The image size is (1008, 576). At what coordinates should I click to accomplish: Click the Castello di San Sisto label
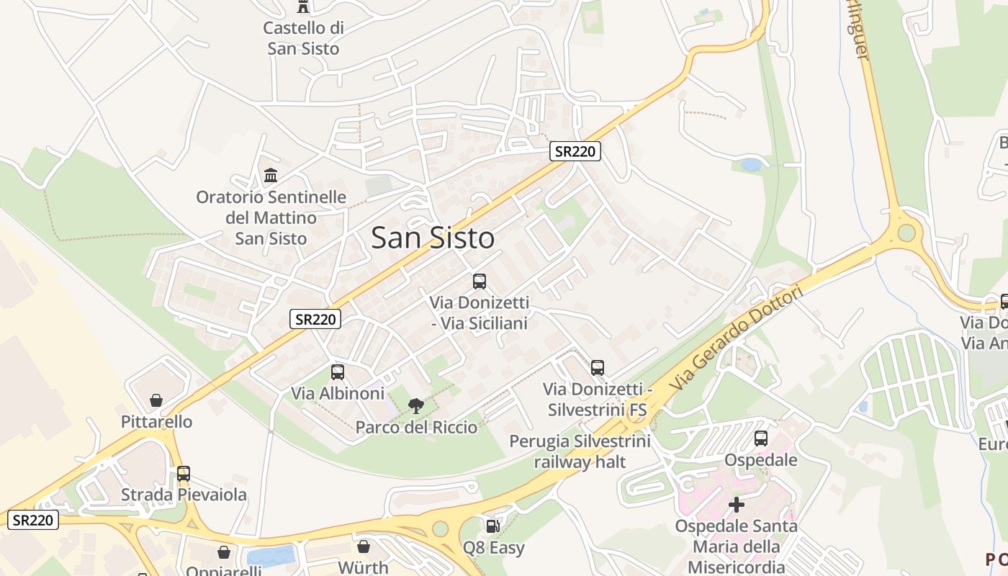coord(303,38)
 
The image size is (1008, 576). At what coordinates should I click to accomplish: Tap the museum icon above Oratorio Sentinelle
coord(271,175)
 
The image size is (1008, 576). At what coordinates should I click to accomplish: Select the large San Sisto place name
coord(433,238)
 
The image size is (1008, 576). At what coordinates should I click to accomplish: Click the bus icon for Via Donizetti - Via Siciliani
coord(480,282)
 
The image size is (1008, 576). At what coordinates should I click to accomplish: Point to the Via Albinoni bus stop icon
coord(338,372)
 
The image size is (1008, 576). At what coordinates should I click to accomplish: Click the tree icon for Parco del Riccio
coord(416,406)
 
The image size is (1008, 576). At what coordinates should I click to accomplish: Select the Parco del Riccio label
coord(416,427)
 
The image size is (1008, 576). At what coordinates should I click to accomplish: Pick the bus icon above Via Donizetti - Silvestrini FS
coord(598,368)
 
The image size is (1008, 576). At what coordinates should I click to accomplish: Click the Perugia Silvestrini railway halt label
coord(580,451)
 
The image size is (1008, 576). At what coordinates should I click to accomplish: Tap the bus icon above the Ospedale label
coord(761,438)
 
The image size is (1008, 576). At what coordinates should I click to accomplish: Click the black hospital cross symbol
coord(736,505)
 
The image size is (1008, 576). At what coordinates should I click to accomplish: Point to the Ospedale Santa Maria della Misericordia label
coord(736,546)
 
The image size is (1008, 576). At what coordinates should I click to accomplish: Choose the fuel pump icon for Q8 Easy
coord(493,527)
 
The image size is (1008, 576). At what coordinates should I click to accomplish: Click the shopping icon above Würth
coord(364,546)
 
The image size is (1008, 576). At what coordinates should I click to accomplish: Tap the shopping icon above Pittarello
coord(156,400)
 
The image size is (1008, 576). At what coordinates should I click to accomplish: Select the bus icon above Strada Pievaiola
coord(184,474)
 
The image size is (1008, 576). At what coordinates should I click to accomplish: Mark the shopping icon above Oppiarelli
coord(224,552)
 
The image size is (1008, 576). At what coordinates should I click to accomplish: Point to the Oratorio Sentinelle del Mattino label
coord(271,217)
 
